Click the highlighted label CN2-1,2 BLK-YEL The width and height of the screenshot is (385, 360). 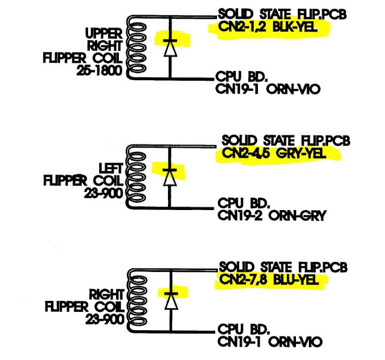tap(269, 27)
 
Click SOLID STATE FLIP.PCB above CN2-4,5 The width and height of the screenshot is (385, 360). tap(286, 141)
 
